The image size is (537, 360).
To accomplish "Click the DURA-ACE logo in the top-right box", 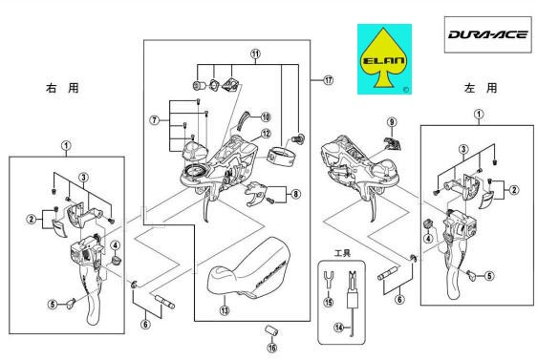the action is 487,34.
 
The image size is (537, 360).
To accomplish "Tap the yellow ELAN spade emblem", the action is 384,59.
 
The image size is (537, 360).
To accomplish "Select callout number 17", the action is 329,80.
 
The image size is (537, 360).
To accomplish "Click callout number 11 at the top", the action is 255,53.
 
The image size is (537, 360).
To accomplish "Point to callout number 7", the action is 155,120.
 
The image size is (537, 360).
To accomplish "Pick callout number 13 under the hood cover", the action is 225,310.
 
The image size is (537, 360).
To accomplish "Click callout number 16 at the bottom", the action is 272,348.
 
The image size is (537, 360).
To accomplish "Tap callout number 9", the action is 392,122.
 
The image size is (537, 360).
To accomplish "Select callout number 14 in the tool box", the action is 338,328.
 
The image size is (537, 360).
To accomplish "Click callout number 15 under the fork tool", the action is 329,302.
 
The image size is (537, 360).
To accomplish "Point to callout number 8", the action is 295,195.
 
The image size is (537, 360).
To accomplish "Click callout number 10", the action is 266,117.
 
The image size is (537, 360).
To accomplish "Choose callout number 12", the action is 266,134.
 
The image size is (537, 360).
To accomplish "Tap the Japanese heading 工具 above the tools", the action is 342,254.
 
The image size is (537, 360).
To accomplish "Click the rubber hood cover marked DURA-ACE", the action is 249,269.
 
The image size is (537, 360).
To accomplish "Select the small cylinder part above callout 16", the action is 272,331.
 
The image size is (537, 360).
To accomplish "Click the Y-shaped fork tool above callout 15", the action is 329,280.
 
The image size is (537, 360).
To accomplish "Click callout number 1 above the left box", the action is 66,146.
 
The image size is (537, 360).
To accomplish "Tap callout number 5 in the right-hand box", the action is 489,275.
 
